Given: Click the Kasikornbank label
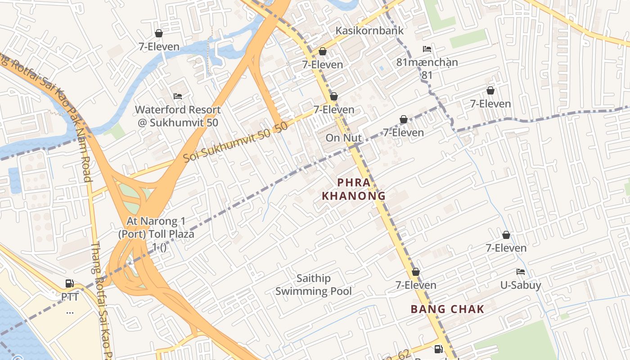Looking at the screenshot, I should coord(369,31).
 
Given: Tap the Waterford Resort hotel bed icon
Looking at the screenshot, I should coord(178,96).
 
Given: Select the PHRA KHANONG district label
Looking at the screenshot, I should coord(354,189).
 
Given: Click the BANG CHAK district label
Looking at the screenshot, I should coord(447,309).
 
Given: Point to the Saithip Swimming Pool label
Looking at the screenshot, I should coord(314,285).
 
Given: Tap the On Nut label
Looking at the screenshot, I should coord(344,138).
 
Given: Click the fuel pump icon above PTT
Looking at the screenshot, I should coord(70,283).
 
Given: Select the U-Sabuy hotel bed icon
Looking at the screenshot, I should coord(521,272).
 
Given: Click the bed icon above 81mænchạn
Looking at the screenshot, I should coord(427,49).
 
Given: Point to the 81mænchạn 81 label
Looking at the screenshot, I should coord(427,68).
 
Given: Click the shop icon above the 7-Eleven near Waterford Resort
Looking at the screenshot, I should coord(158,33).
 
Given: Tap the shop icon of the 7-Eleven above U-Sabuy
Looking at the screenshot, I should coord(506,235).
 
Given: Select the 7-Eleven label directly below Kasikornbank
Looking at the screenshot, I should coord(323,65).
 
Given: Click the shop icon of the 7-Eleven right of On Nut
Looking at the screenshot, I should coord(404,119).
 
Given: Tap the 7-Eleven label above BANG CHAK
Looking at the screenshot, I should coord(416,285).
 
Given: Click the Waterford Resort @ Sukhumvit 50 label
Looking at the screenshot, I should coord(178,116).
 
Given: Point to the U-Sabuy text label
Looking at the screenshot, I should coord(521,285).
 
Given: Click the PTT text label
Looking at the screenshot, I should coord(70,297).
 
